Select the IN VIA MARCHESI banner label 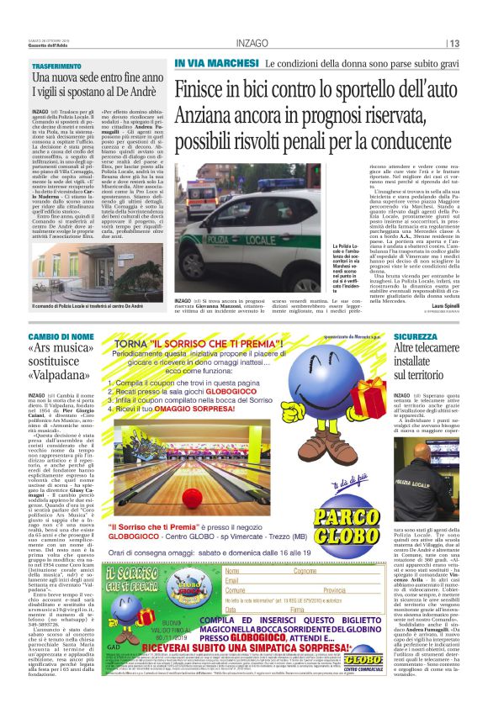216,64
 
